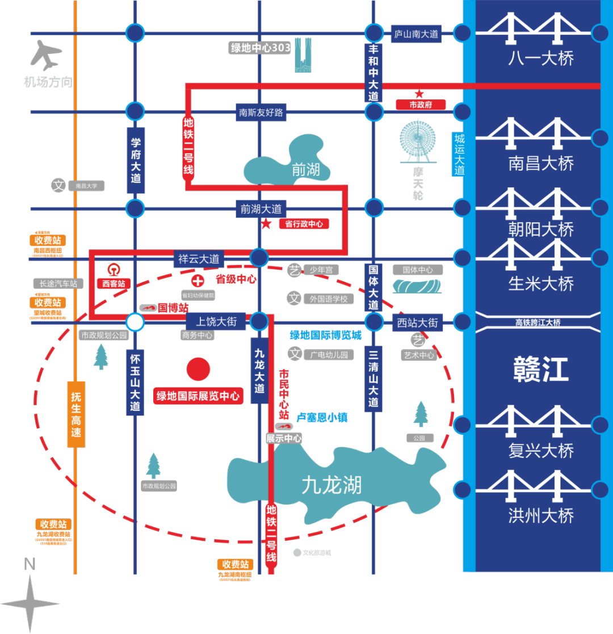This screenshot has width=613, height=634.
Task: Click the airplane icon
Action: pos(45,55)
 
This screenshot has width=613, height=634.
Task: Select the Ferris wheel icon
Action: pos(418,142)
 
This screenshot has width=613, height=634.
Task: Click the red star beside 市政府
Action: pos(419,94)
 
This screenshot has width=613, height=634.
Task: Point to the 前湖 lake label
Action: pos(306,169)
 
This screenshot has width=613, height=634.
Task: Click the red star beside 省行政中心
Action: pos(266,224)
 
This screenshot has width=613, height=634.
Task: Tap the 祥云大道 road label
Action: pos(199,259)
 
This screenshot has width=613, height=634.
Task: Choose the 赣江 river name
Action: pos(540,370)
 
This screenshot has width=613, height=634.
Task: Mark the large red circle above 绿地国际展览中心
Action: pos(198,370)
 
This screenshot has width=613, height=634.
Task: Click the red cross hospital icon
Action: pos(198,280)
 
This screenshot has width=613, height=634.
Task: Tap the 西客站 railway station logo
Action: pos(114,270)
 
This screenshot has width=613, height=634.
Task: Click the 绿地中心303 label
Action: pos(261,48)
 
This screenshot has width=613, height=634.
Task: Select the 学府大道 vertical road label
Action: pos(135,160)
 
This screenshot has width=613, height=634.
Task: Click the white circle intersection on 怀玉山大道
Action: pos(135,322)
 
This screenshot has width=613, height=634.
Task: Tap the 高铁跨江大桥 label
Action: pos(538,322)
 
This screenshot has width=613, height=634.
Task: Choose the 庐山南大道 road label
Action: pos(417,34)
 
